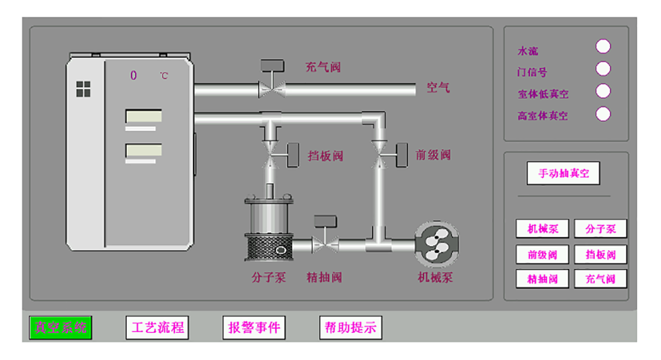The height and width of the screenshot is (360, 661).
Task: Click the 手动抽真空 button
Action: click(x=563, y=174)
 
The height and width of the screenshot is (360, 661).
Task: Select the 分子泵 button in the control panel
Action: click(x=600, y=229)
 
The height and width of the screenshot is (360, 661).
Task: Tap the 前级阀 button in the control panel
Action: click(x=543, y=254)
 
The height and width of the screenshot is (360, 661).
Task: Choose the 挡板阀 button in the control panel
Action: click(x=600, y=254)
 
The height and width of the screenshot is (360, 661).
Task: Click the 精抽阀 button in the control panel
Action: click(x=543, y=279)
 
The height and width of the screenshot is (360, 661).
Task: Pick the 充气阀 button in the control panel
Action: click(x=600, y=279)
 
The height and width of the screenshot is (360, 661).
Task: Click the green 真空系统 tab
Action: click(x=60, y=328)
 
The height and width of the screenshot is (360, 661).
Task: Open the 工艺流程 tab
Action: click(x=157, y=328)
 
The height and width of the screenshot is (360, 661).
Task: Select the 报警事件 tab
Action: click(x=254, y=328)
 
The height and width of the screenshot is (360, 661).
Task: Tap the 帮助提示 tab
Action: click(x=350, y=328)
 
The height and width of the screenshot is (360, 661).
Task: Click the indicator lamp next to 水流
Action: click(x=603, y=46)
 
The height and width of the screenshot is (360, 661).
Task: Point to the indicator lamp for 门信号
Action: click(x=603, y=69)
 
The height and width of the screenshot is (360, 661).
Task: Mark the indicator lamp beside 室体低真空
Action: click(x=603, y=91)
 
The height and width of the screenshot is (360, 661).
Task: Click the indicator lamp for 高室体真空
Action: click(x=603, y=114)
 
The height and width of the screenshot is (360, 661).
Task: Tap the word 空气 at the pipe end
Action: click(x=438, y=87)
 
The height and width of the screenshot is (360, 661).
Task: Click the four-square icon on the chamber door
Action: click(x=83, y=89)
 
